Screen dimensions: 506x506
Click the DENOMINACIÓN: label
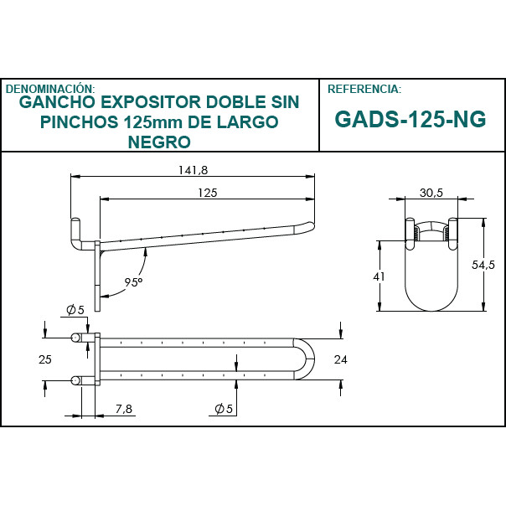(50, 88)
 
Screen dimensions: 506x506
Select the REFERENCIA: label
(364, 88)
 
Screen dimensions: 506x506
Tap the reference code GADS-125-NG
(410, 119)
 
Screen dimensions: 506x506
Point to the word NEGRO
(159, 142)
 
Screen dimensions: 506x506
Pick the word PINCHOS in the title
(79, 122)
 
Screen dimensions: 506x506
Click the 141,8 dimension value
(193, 170)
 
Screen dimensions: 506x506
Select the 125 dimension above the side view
(207, 193)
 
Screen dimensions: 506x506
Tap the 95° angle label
(133, 282)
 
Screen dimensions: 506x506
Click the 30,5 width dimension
(431, 193)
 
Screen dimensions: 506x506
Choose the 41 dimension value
(378, 276)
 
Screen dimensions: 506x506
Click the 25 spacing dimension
(45, 359)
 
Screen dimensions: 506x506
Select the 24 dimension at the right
(340, 359)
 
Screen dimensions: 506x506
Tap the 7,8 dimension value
(123, 408)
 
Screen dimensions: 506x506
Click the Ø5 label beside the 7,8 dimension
(224, 408)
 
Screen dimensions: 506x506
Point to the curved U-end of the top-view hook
(309, 359)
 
